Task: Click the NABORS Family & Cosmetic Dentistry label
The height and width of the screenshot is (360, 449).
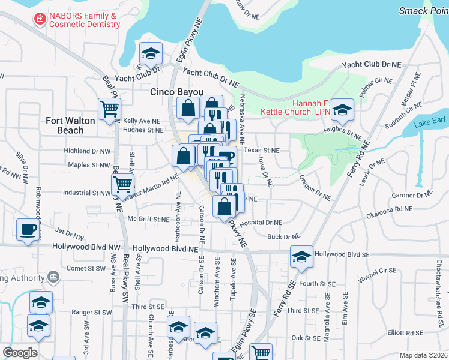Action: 84,19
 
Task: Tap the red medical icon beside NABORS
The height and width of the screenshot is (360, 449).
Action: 40,19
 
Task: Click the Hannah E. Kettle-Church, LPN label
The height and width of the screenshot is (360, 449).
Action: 294,107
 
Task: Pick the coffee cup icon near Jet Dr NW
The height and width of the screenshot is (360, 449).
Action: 28,230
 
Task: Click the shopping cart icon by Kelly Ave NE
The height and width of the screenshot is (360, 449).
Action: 110,109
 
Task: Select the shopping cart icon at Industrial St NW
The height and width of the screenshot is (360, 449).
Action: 122,184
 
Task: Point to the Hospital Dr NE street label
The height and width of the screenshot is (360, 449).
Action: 261,223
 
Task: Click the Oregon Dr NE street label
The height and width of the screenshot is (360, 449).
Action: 315,187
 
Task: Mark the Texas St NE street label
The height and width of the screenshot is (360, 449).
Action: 262,151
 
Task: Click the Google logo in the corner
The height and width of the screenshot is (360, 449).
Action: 20,353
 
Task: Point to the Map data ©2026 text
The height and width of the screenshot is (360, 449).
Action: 423,355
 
